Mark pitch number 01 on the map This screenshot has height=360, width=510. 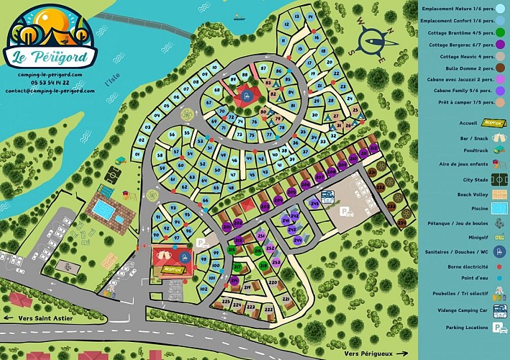pos(137,155)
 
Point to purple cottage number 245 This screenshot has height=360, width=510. pos(314,204)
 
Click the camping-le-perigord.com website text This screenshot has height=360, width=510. pos(50,74)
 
